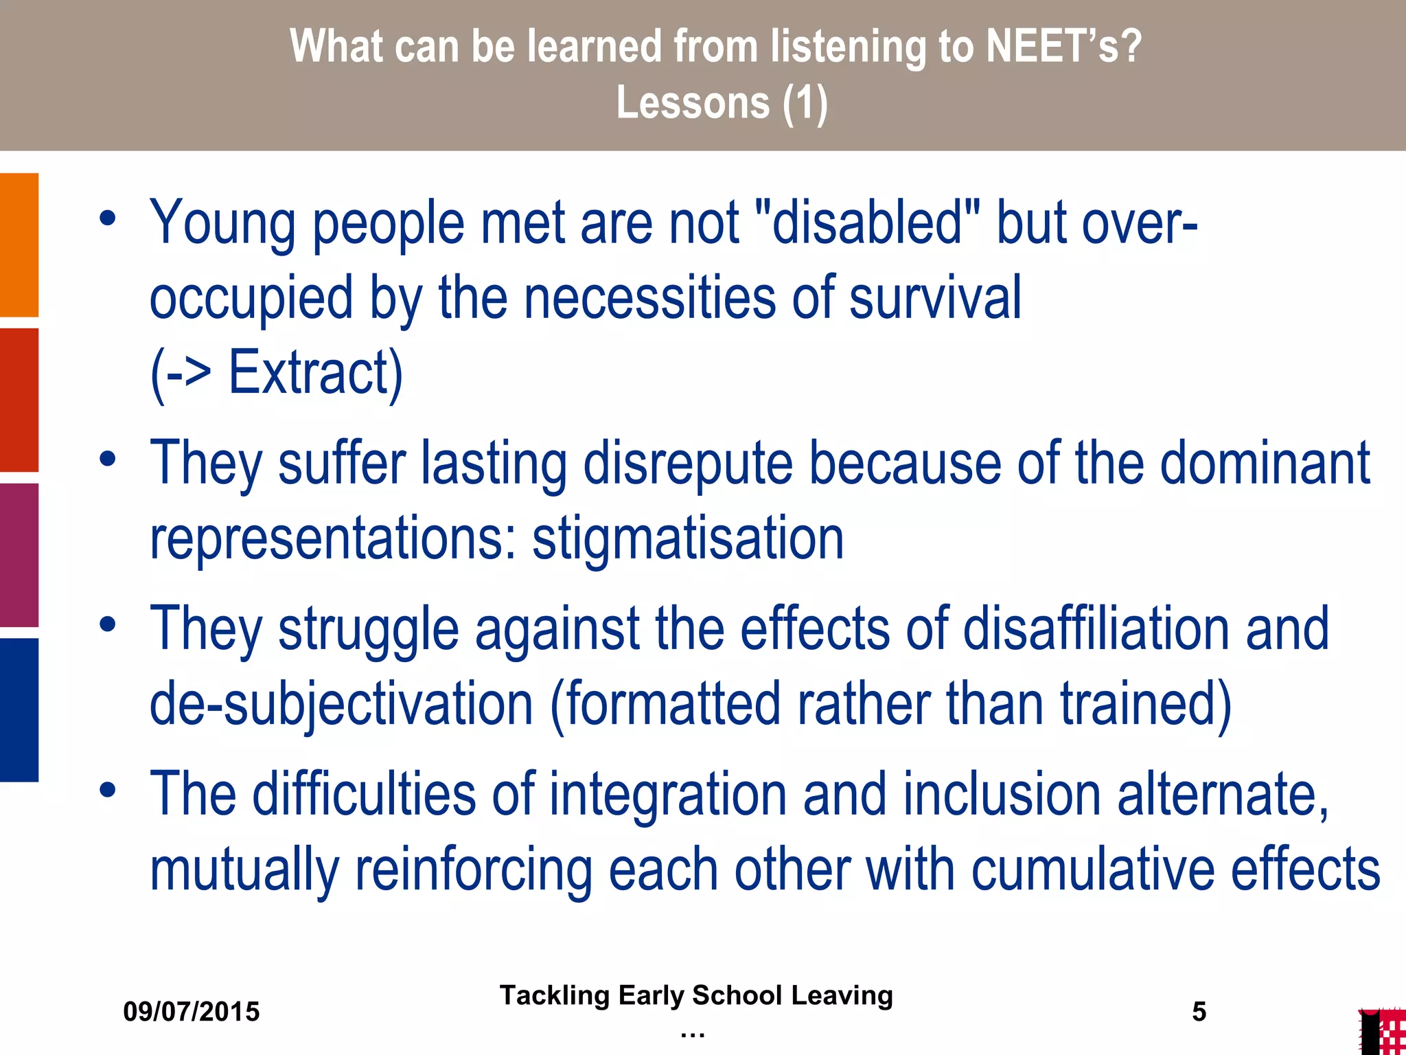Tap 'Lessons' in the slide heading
coord(693,103)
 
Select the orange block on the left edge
coord(19,245)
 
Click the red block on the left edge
coord(19,400)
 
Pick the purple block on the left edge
coord(19,555)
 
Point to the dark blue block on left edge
coord(19,710)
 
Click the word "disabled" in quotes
coord(867,223)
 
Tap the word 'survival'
coord(935,297)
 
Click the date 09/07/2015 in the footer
coord(192,1012)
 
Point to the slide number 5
coord(1199,1012)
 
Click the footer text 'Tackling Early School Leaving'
coord(696,995)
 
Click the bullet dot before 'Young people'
coord(107,218)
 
